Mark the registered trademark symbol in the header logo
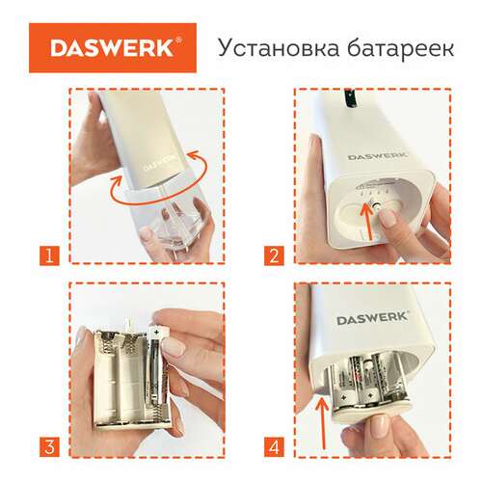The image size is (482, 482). point(176,41)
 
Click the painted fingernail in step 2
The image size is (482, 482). point(389,220)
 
